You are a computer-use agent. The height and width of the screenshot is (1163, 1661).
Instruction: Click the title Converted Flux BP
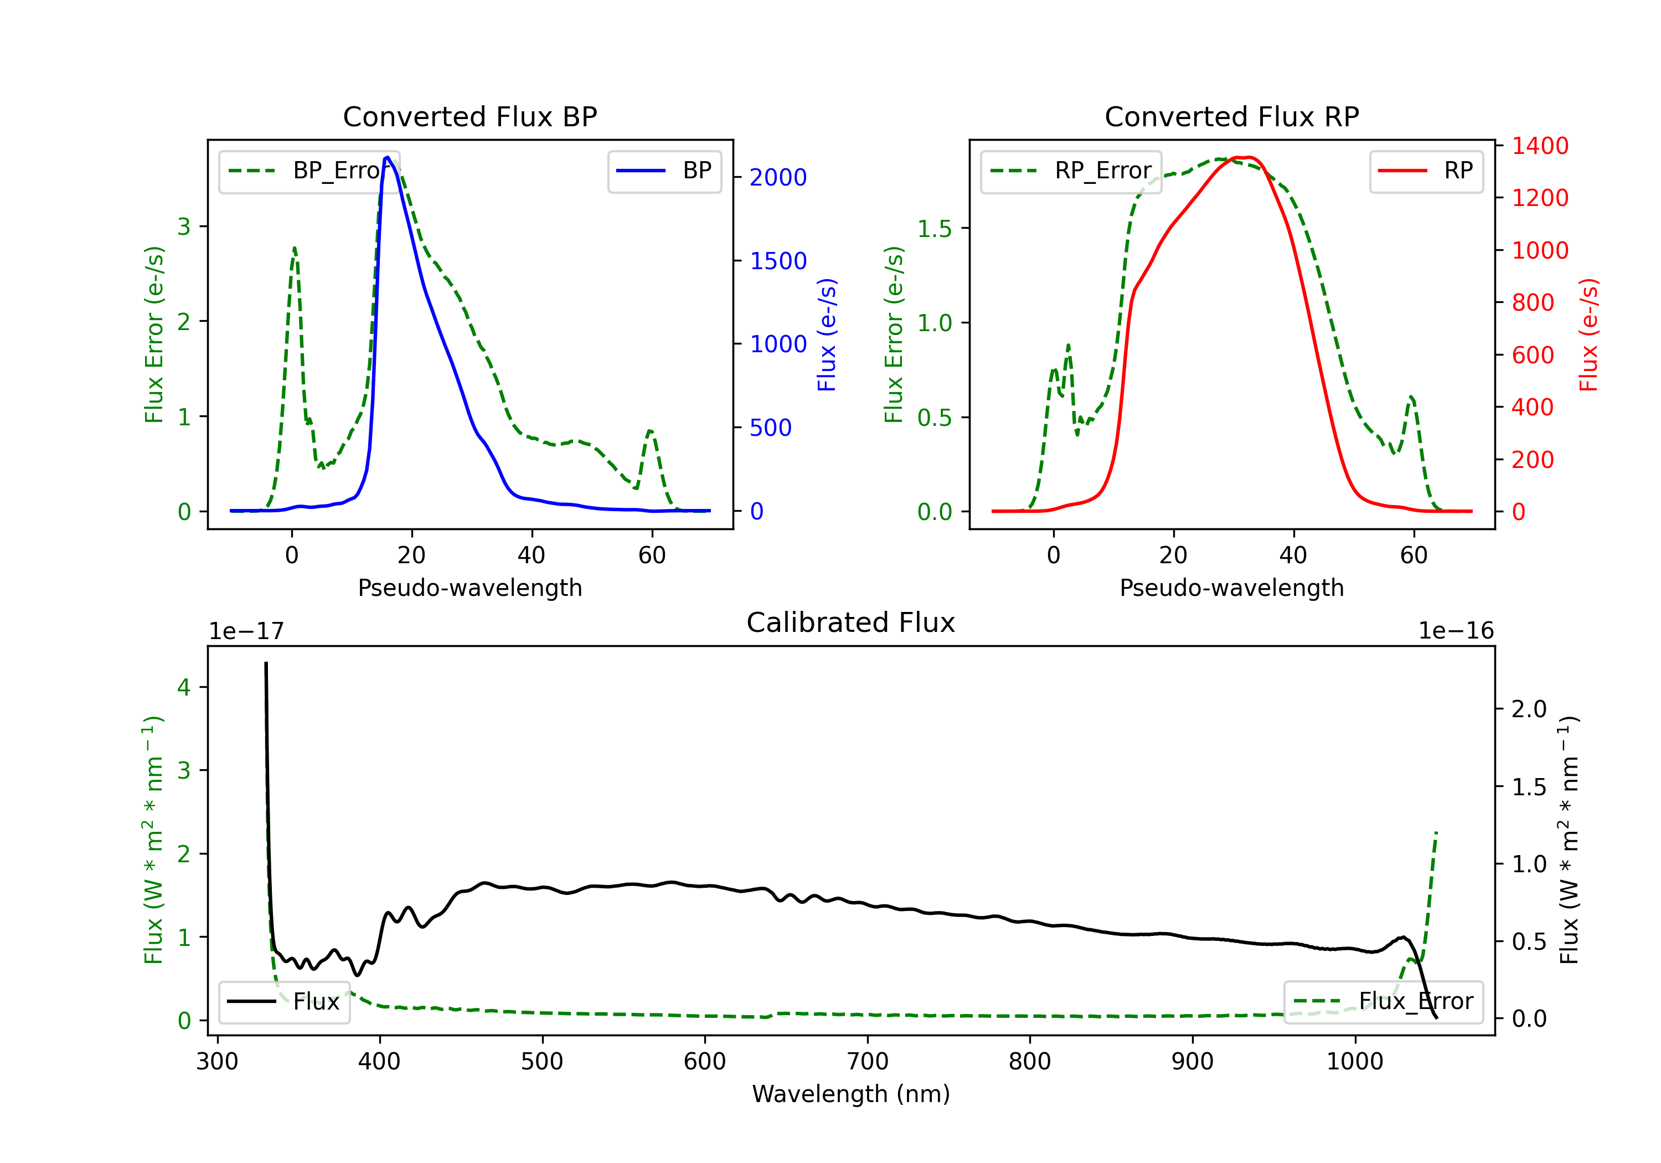pyautogui.click(x=470, y=116)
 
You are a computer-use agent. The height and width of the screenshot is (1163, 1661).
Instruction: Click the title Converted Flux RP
pyautogui.click(x=1231, y=116)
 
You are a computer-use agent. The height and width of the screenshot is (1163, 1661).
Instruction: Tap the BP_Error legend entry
pyautogui.click(x=309, y=171)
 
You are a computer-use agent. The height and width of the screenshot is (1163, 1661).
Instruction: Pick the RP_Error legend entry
pyautogui.click(x=1071, y=171)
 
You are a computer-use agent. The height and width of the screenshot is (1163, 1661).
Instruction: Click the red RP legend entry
pyautogui.click(x=1426, y=171)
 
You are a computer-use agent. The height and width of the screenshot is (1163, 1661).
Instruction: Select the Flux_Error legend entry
pyautogui.click(x=1383, y=1002)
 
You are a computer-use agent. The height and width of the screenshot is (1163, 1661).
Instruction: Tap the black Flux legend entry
pyautogui.click(x=285, y=1002)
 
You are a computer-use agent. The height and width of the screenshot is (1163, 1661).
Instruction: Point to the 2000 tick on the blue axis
pyautogui.click(x=778, y=177)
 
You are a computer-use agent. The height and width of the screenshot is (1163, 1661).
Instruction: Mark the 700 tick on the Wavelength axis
pyautogui.click(x=868, y=1062)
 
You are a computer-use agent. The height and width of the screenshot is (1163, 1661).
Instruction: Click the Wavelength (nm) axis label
pyautogui.click(x=851, y=1094)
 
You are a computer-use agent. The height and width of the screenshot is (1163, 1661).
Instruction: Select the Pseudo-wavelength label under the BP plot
pyautogui.click(x=470, y=588)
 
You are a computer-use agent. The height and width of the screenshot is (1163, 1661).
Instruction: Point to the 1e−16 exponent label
pyautogui.click(x=1456, y=631)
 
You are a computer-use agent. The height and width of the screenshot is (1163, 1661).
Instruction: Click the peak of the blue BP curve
pyautogui.click(x=388, y=157)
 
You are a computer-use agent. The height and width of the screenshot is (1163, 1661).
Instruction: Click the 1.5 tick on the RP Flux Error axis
pyautogui.click(x=934, y=229)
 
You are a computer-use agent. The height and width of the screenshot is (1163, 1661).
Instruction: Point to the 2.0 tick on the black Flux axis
pyautogui.click(x=1529, y=709)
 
